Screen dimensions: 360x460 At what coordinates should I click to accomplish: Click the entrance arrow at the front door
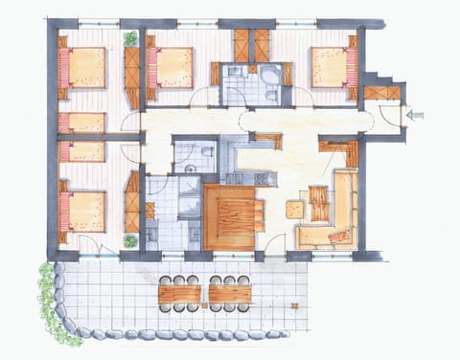(415, 115)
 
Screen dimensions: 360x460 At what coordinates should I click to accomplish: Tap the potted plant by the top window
(129, 39)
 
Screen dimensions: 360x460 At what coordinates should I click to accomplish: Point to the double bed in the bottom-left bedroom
(83, 211)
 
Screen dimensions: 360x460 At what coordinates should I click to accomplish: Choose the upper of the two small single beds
(83, 123)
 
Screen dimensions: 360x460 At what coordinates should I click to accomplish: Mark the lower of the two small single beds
(83, 151)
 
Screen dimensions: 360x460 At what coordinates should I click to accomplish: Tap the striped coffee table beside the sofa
(317, 202)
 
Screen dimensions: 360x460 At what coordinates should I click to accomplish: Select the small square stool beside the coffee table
(295, 208)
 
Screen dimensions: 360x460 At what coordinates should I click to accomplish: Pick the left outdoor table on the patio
(180, 293)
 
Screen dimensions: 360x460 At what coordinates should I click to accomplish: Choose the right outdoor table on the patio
(230, 293)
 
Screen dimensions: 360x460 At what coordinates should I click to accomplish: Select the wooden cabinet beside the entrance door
(381, 93)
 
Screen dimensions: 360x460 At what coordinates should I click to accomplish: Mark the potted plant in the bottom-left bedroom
(129, 241)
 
